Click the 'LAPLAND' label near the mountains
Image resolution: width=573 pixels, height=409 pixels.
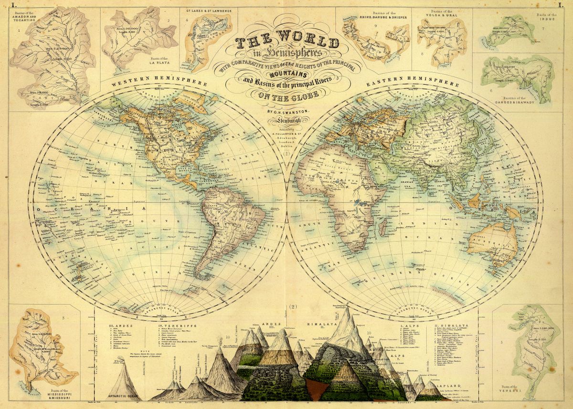click(439, 382)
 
